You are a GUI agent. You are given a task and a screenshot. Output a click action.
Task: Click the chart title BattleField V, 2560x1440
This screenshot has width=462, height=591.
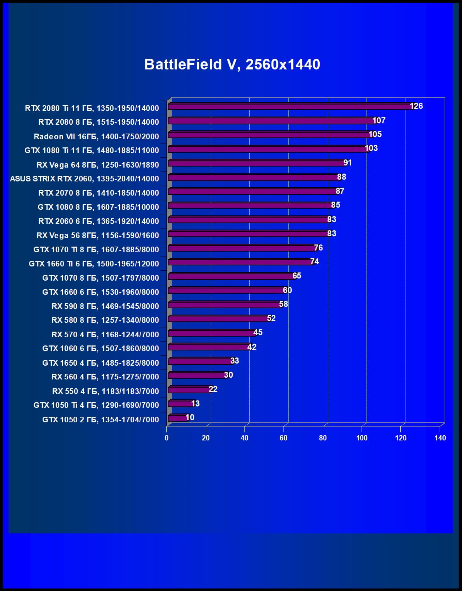(x=232, y=64)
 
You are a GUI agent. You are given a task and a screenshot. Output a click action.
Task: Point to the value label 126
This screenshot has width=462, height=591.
(x=416, y=106)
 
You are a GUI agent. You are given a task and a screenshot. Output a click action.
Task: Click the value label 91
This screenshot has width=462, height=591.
(x=347, y=163)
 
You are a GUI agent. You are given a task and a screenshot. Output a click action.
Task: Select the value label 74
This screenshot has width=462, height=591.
(x=314, y=261)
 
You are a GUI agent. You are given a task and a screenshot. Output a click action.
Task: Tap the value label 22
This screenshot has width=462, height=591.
(x=213, y=389)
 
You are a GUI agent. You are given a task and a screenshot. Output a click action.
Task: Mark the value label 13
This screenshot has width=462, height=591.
(x=195, y=404)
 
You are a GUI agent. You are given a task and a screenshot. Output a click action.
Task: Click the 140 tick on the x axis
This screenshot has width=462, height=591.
(x=440, y=438)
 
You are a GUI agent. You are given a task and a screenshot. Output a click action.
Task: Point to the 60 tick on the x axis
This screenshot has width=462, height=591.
(x=284, y=438)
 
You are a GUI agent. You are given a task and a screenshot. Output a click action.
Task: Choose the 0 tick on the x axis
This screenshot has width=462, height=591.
(x=167, y=438)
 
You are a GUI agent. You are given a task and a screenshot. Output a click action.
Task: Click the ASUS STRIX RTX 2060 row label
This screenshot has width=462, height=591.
(x=84, y=179)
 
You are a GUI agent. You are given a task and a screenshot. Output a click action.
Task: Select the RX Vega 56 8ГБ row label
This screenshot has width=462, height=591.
(x=98, y=235)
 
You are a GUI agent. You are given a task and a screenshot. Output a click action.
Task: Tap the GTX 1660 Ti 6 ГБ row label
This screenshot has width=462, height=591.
(x=94, y=264)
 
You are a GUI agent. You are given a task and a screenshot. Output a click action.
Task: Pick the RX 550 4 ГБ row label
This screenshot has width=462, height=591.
(x=105, y=391)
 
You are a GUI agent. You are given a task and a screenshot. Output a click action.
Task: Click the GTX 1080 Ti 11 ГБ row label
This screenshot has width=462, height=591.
(x=92, y=150)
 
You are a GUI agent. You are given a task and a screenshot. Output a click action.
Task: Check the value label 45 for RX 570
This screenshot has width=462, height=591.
(x=258, y=332)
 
